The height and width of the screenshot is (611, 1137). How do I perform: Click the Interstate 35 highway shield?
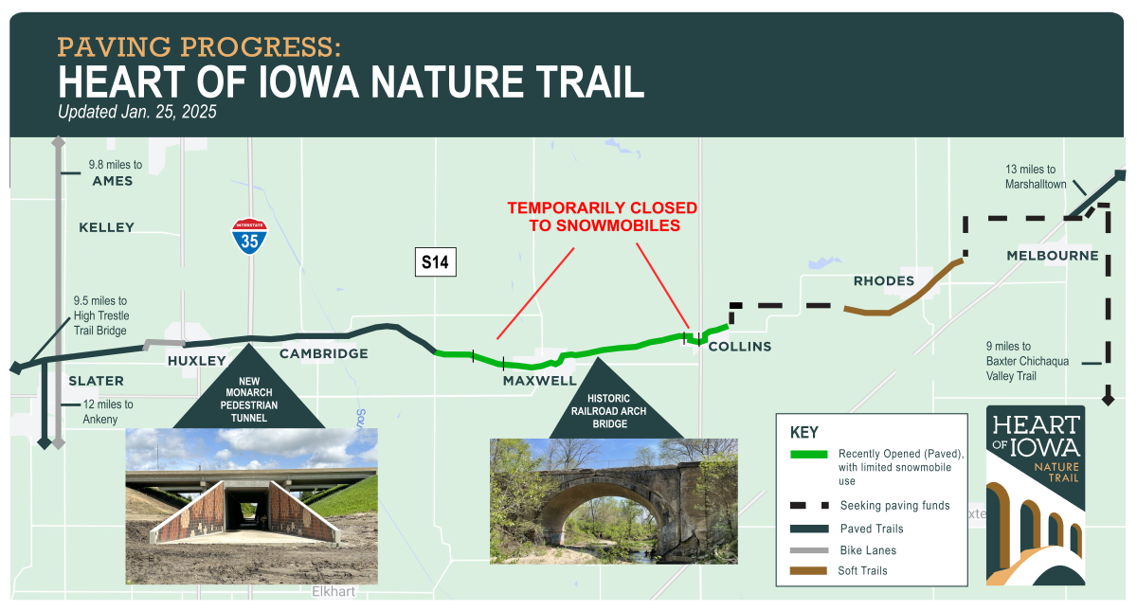250,236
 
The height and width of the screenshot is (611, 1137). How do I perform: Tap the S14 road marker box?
435,262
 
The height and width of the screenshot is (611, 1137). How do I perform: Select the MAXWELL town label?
539,381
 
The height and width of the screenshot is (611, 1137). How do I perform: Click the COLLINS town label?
740,347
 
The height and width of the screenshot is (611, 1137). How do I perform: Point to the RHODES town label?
883,280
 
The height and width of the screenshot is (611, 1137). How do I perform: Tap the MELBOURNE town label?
1053,256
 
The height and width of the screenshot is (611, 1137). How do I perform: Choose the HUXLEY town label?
197,361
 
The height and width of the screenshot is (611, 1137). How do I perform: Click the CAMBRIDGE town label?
323,354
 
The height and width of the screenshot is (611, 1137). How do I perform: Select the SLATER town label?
96,381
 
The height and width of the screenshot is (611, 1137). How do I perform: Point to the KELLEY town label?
106,227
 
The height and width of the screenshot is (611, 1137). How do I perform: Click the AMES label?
112,181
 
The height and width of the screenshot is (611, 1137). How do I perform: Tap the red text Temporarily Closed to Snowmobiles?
602,216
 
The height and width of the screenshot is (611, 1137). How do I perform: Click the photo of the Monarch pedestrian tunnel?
251,506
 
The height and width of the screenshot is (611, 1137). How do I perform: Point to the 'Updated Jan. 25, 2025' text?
137,112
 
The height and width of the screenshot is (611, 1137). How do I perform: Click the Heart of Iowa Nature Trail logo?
1035,495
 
